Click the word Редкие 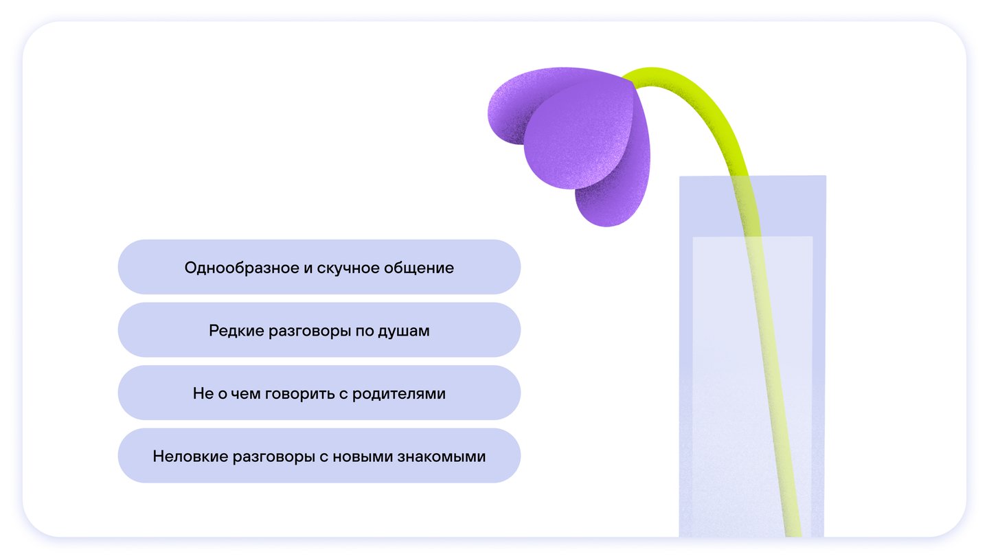coord(236,331)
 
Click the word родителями coord(398,394)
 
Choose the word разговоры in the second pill coord(310,332)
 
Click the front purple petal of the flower coord(578,137)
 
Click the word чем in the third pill coord(245,394)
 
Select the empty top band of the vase coord(753,206)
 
